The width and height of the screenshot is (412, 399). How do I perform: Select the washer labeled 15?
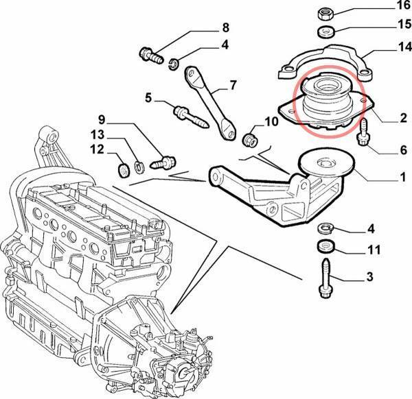(x=326, y=32)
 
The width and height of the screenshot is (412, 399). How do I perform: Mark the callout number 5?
(x=147, y=98)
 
